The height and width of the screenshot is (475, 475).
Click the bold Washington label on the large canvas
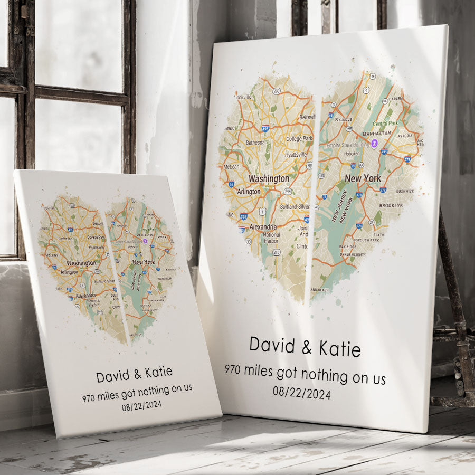point(269,178)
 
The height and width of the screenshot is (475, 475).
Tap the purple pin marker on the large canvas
point(374,144)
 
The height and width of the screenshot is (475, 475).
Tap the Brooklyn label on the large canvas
point(391,205)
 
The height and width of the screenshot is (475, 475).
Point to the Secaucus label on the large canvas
point(343,120)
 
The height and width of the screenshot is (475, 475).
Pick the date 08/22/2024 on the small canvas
point(141,406)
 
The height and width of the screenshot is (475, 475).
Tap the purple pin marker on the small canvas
point(145,241)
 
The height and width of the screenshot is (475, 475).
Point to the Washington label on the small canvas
point(82,263)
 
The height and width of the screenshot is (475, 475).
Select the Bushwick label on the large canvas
point(405,191)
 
